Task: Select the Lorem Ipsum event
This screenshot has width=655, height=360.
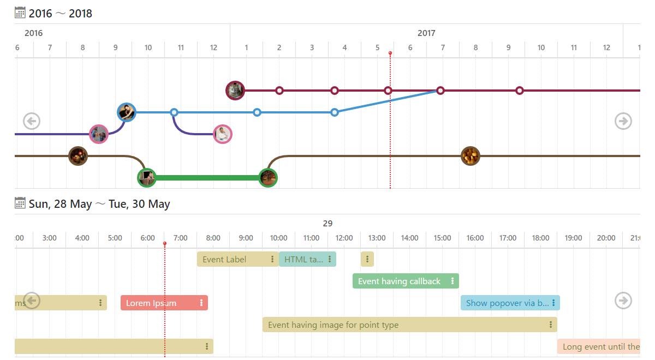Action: (x=158, y=303)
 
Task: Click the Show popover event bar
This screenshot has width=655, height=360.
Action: (x=505, y=303)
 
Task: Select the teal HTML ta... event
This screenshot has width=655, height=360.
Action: (x=303, y=259)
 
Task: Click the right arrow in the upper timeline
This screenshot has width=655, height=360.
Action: (x=623, y=121)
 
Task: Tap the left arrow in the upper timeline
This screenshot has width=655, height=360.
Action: (x=32, y=121)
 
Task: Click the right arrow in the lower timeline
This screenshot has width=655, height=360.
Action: (x=623, y=300)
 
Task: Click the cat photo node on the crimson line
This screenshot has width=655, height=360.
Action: (x=235, y=90)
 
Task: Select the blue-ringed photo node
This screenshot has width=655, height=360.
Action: (x=127, y=112)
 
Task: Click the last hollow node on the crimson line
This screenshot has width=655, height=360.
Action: (x=520, y=91)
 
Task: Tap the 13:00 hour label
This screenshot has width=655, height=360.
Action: (x=377, y=238)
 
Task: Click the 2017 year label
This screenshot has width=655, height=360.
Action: (x=426, y=33)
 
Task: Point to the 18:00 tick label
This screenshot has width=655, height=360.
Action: (x=540, y=238)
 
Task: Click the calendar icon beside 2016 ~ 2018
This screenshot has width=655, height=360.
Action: (x=20, y=13)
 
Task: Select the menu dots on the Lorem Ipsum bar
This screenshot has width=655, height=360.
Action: (x=201, y=303)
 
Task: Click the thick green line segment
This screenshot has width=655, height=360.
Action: (x=207, y=178)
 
